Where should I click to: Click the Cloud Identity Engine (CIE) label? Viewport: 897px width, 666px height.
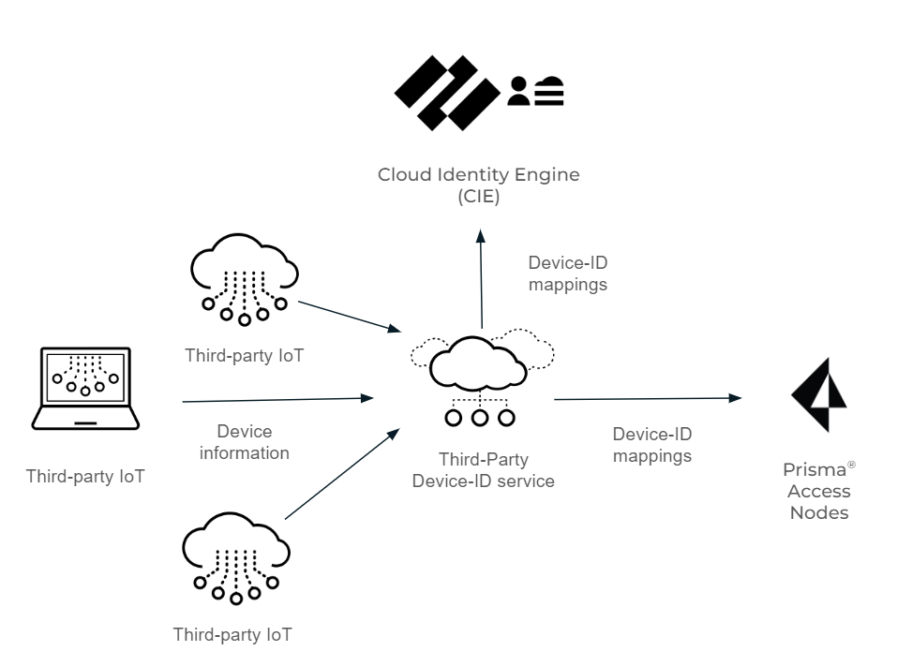tap(478, 185)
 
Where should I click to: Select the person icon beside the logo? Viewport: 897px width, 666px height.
tap(518, 91)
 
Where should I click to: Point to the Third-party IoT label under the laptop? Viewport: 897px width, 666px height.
tap(85, 477)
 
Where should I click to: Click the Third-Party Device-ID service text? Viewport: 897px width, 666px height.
tap(484, 471)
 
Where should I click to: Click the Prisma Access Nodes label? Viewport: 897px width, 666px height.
tap(818, 491)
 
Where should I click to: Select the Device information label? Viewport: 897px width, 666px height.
tap(244, 442)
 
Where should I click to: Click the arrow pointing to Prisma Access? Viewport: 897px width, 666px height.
tap(647, 399)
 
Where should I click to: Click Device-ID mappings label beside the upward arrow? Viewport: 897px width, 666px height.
tap(567, 273)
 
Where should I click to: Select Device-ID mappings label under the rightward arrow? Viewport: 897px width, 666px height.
tap(651, 445)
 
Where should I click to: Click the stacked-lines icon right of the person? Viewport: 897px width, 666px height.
tap(549, 91)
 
